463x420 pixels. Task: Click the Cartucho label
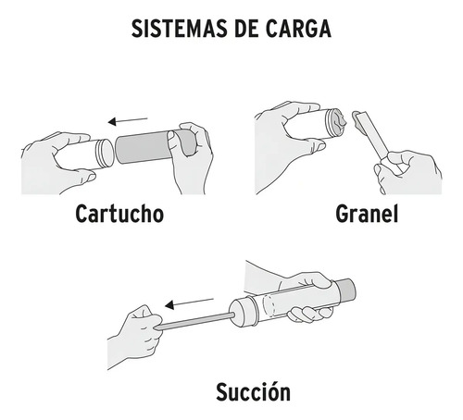(119, 214)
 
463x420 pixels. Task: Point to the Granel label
(367, 214)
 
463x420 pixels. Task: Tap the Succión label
(254, 391)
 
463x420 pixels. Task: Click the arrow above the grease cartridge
(128, 120)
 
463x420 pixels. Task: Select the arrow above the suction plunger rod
(189, 303)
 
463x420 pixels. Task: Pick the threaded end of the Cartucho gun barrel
(105, 153)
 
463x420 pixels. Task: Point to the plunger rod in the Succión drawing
(194, 321)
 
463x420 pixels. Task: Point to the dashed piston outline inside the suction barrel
(269, 306)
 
